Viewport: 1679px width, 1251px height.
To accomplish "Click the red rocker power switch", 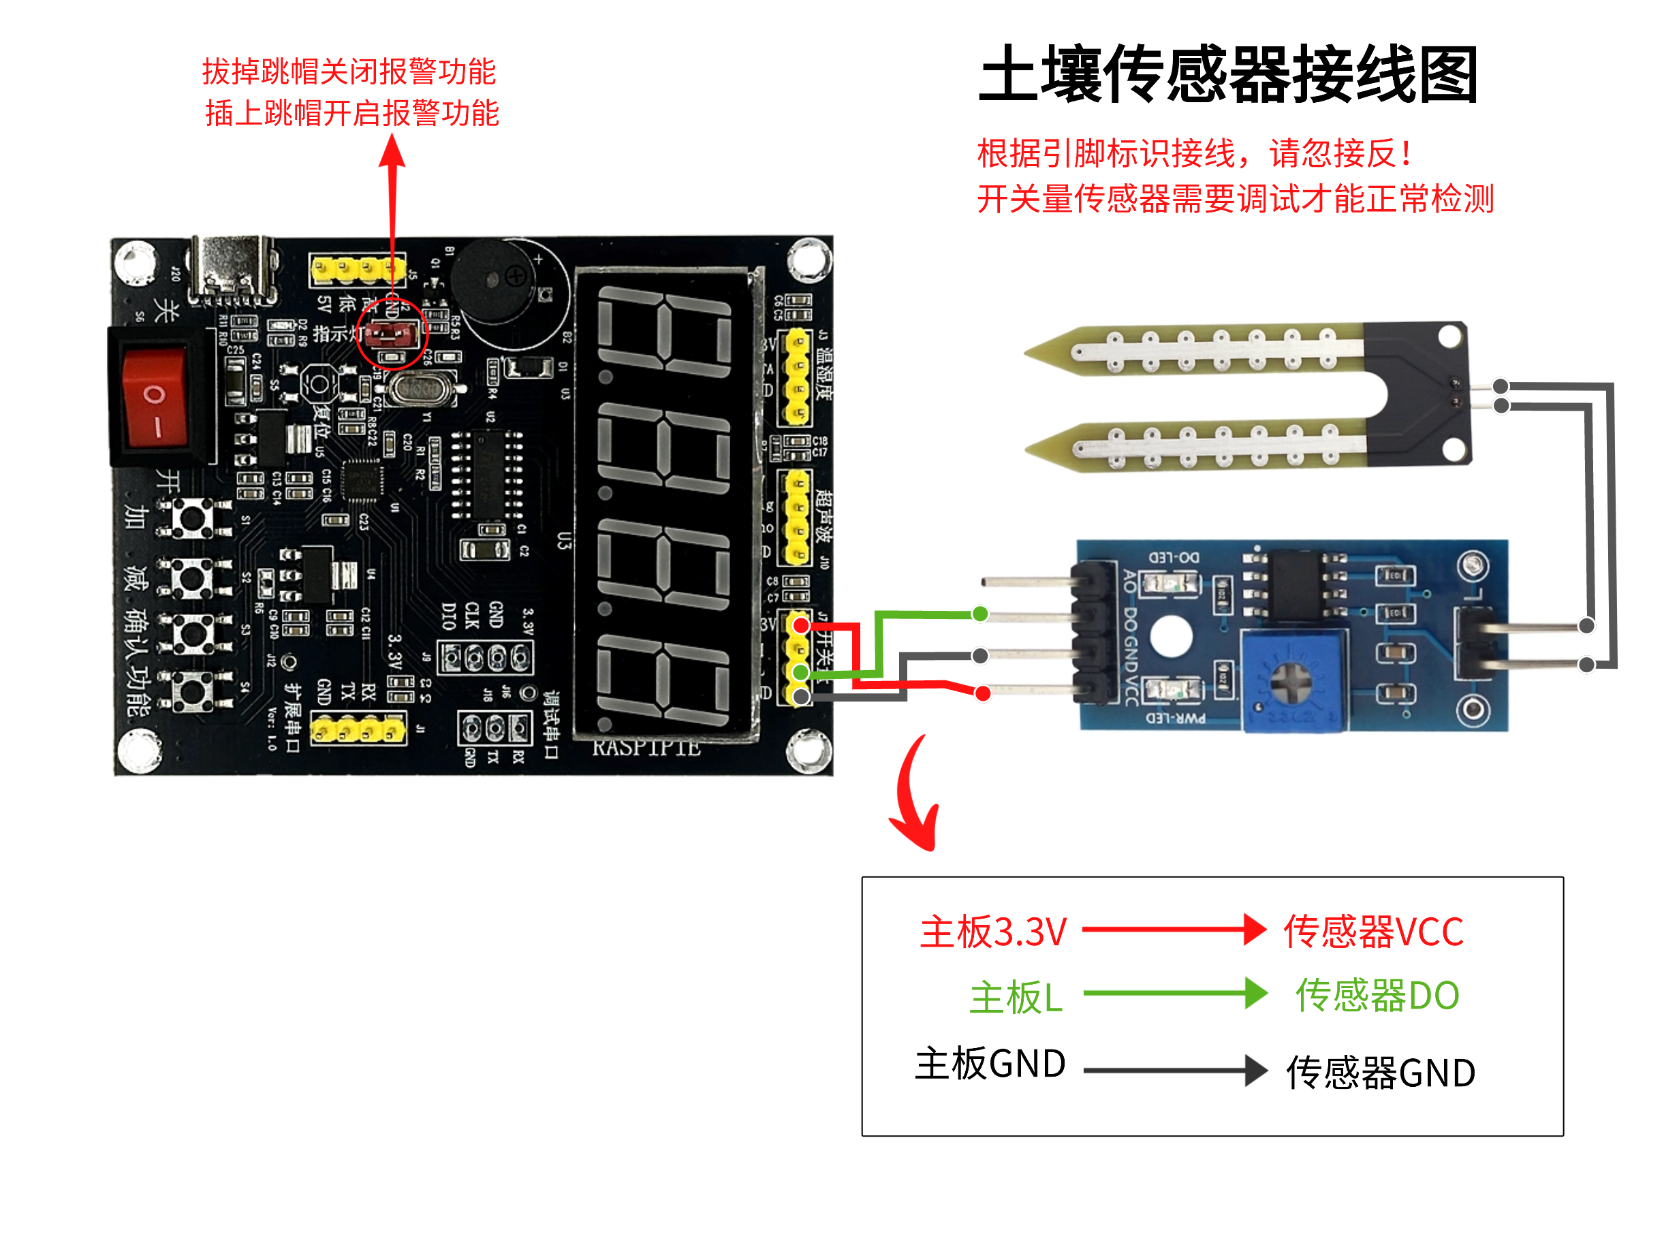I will pos(155,396).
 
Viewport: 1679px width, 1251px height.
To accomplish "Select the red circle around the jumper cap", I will pos(392,333).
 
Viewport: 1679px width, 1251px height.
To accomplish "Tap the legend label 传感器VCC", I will pos(1372,931).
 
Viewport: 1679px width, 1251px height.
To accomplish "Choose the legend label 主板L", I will pos(1016,996).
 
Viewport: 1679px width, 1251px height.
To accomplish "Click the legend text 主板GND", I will pos(990,1063).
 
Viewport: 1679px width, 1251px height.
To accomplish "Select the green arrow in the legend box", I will pos(1174,993).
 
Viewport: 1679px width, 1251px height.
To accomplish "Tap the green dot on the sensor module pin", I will pos(979,614).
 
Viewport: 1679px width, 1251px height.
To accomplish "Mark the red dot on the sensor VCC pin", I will pos(982,693).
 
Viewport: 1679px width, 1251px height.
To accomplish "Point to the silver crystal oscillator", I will pos(418,387).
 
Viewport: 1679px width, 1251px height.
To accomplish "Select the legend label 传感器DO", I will pos(1377,995).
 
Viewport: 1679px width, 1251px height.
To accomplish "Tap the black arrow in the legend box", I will pos(1174,1070).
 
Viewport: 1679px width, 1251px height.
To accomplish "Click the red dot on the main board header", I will pos(800,625).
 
